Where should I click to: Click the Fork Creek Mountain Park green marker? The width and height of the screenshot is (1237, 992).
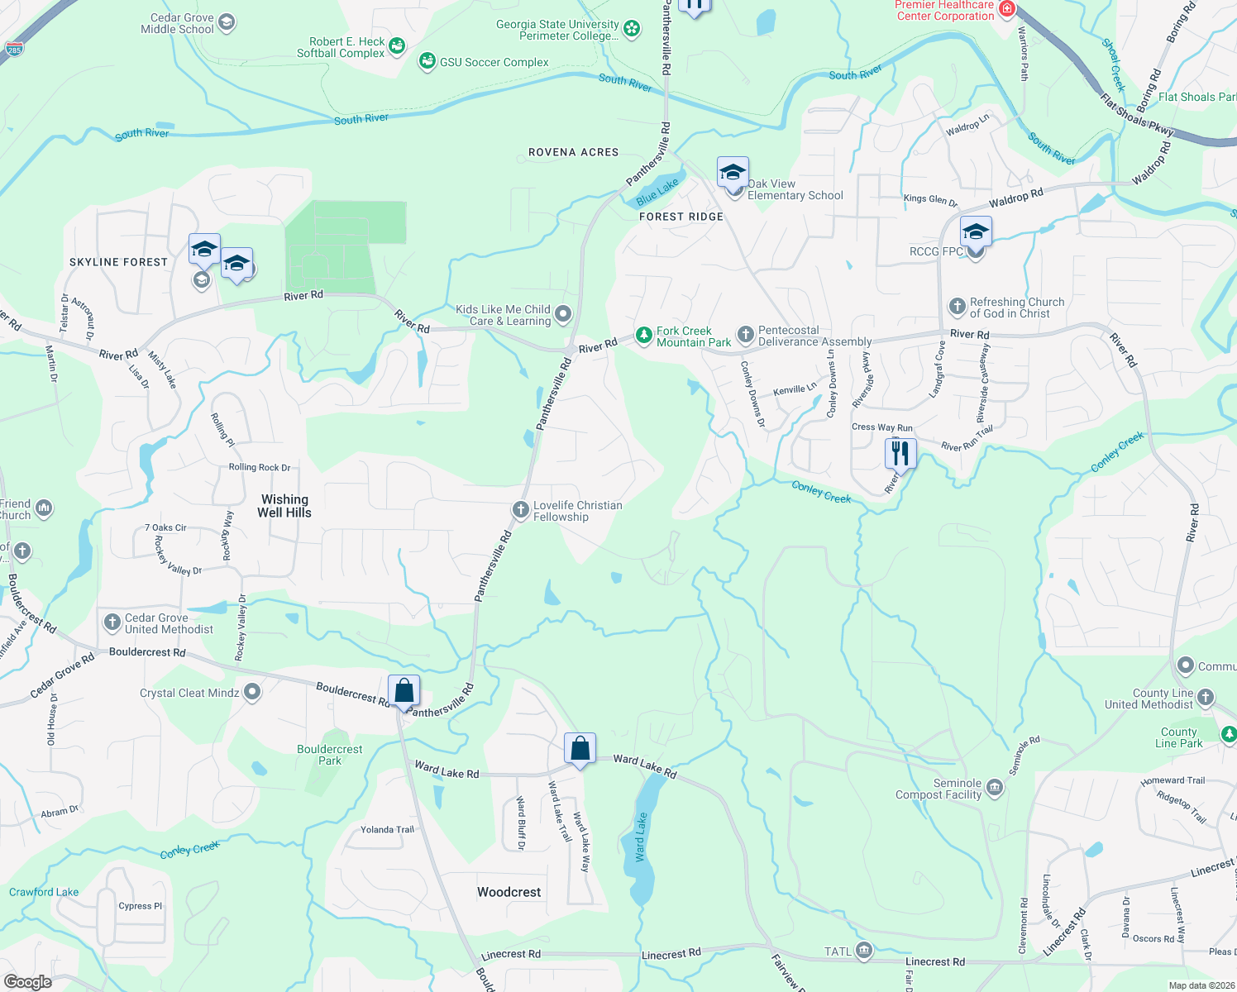pyautogui.click(x=643, y=336)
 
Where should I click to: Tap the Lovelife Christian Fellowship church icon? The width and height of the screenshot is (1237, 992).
pyautogui.click(x=520, y=510)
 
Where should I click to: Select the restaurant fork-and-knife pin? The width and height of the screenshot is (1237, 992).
pyautogui.click(x=900, y=453)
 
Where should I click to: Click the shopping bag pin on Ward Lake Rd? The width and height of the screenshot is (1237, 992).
pyautogui.click(x=580, y=748)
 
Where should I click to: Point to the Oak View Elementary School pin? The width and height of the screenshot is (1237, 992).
pyautogui.click(x=733, y=174)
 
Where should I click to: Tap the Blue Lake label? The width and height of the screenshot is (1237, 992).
pyautogui.click(x=657, y=192)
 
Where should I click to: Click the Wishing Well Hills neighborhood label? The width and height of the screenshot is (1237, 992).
pyautogui.click(x=284, y=506)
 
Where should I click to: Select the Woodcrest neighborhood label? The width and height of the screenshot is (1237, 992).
pyautogui.click(x=509, y=892)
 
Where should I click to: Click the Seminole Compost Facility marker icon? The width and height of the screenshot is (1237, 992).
pyautogui.click(x=995, y=788)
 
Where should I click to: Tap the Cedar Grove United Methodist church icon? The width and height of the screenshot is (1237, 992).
pyautogui.click(x=112, y=622)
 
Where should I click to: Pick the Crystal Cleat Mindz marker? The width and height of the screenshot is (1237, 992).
pyautogui.click(x=252, y=692)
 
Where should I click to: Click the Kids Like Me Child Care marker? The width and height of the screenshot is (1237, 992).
pyautogui.click(x=563, y=313)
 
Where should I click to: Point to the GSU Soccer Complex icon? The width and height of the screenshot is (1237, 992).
pyautogui.click(x=427, y=61)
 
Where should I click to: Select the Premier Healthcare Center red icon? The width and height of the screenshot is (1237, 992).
pyautogui.click(x=1006, y=9)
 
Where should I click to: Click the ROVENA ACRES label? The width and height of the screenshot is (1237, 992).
pyautogui.click(x=573, y=152)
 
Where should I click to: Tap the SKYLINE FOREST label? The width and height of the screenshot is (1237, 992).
pyautogui.click(x=118, y=262)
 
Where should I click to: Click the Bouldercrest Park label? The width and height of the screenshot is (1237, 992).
pyautogui.click(x=329, y=755)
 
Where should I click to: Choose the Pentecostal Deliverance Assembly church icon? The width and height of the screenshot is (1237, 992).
pyautogui.click(x=745, y=335)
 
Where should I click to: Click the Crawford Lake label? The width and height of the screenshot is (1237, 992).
pyautogui.click(x=44, y=892)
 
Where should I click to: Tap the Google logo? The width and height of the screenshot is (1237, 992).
pyautogui.click(x=28, y=981)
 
